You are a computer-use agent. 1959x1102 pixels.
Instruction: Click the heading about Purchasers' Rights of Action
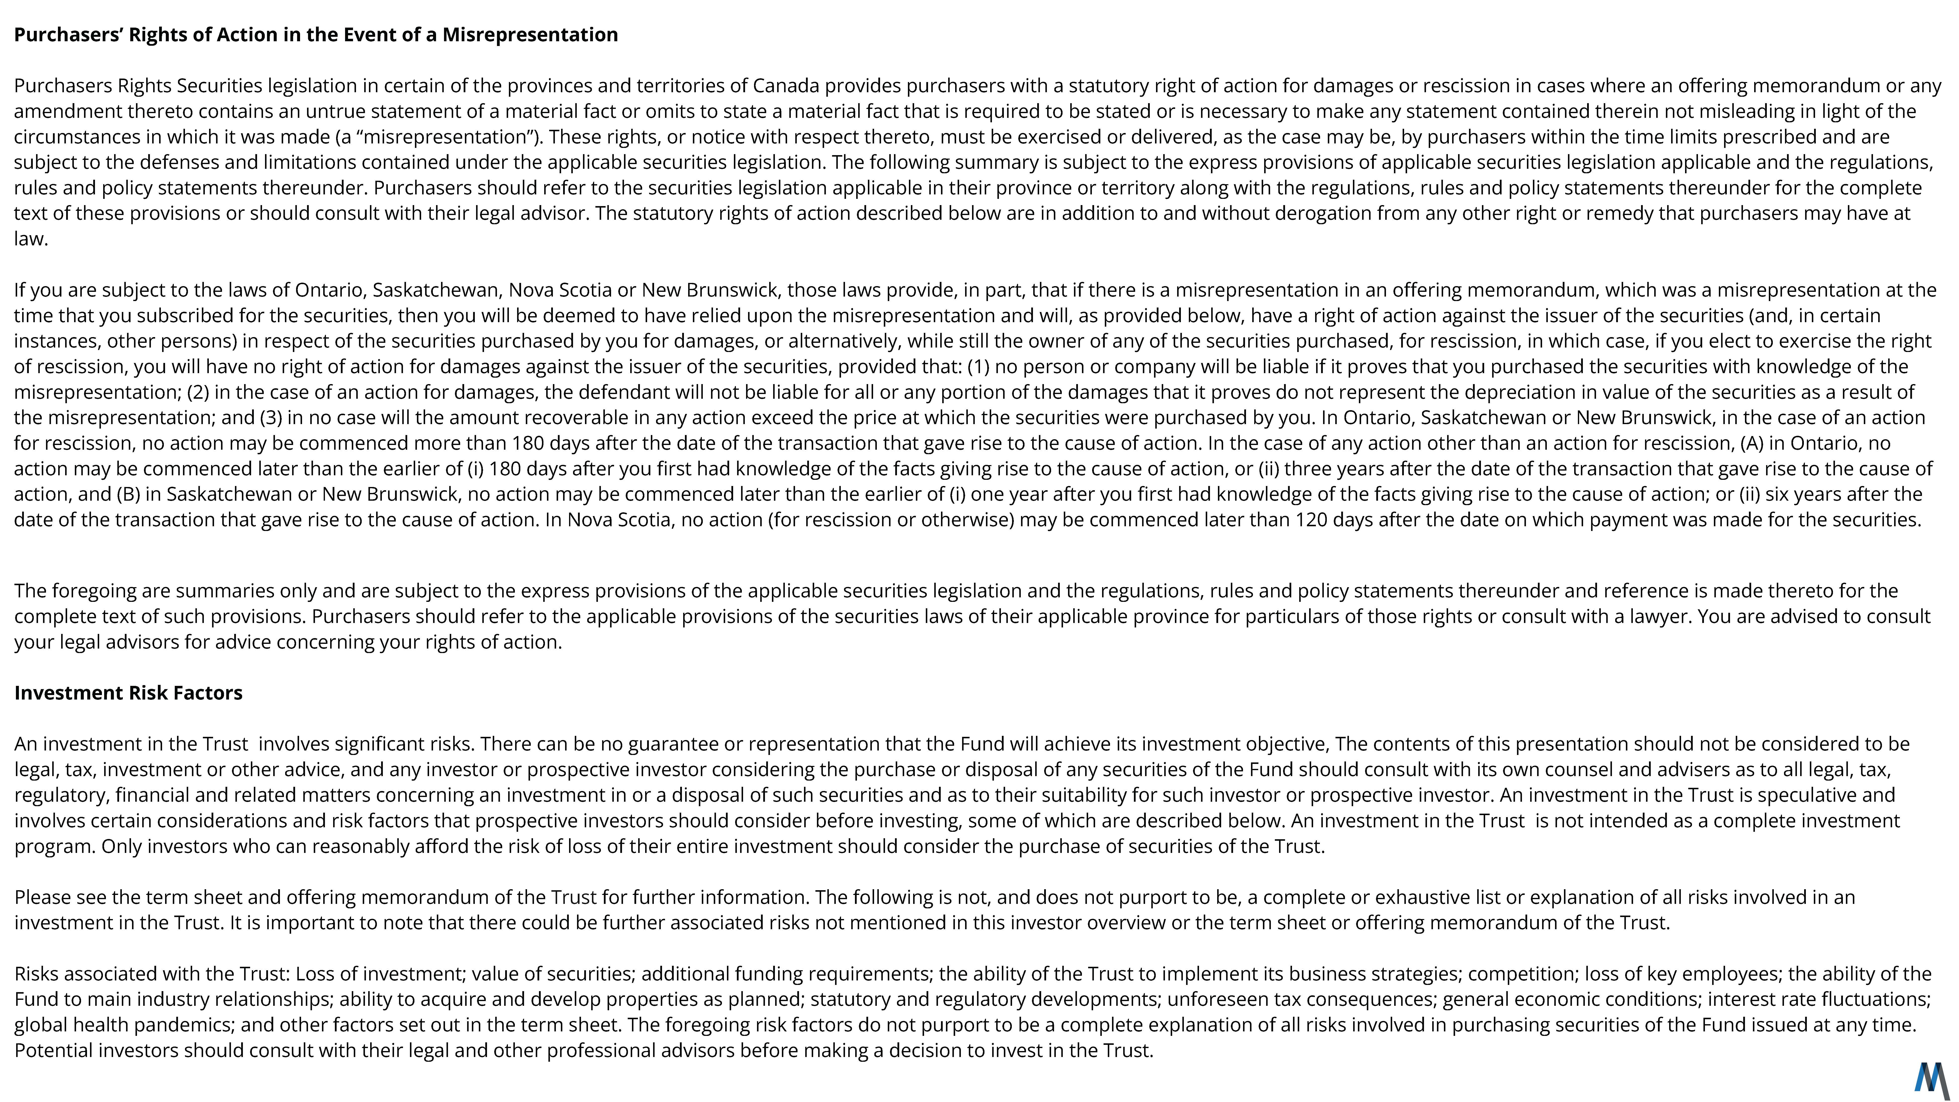pos(315,35)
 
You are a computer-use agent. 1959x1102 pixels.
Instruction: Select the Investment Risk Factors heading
pos(129,693)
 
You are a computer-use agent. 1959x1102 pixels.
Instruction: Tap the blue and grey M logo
pos(1932,1078)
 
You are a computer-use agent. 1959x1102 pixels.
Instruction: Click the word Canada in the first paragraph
pos(786,86)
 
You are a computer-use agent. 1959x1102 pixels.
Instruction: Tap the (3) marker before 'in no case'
pos(271,418)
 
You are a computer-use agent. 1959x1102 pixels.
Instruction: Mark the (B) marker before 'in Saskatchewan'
pos(128,494)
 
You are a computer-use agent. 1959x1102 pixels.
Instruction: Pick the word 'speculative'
pos(1801,795)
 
